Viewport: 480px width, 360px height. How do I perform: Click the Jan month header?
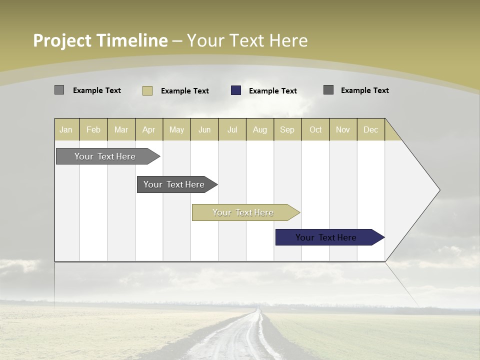tap(66, 129)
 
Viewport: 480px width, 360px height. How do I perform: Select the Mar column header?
tap(121, 129)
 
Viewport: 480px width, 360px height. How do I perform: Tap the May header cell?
tap(176, 129)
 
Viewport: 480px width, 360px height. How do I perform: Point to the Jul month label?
tap(232, 129)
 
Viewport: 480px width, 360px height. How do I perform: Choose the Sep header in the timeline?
tap(287, 129)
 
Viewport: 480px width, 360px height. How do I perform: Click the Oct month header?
tap(315, 129)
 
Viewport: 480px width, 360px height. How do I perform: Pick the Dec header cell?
tap(370, 129)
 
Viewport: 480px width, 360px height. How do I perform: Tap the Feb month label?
tap(93, 129)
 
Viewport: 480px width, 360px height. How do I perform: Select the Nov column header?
tap(342, 129)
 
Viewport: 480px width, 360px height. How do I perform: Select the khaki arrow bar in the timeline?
tap(243, 212)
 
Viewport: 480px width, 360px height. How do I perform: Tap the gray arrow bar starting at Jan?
tap(105, 156)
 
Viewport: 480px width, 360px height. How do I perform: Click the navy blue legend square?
tap(236, 90)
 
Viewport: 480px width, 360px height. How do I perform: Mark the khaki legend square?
tap(147, 90)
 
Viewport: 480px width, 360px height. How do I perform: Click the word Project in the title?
tap(62, 40)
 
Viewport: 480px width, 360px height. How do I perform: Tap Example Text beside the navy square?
tap(273, 91)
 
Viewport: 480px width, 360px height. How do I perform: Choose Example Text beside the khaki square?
tap(185, 91)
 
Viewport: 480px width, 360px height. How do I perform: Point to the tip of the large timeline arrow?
tap(439, 190)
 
